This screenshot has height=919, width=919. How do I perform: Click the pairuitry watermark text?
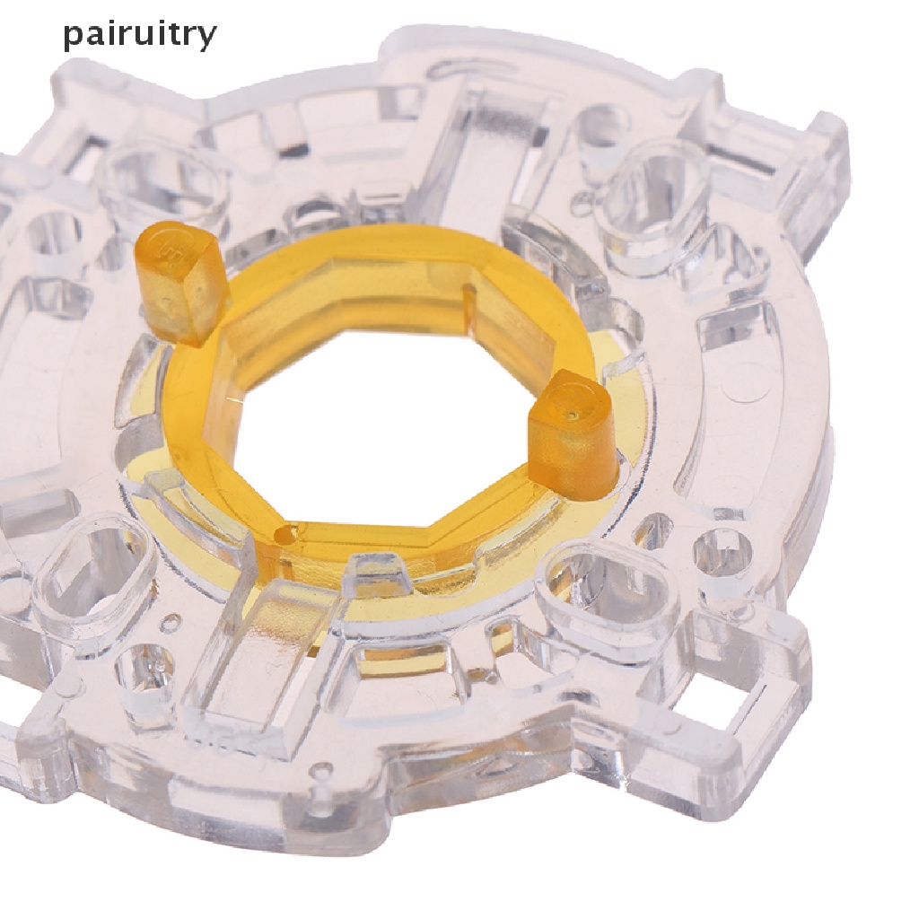(x=139, y=35)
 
